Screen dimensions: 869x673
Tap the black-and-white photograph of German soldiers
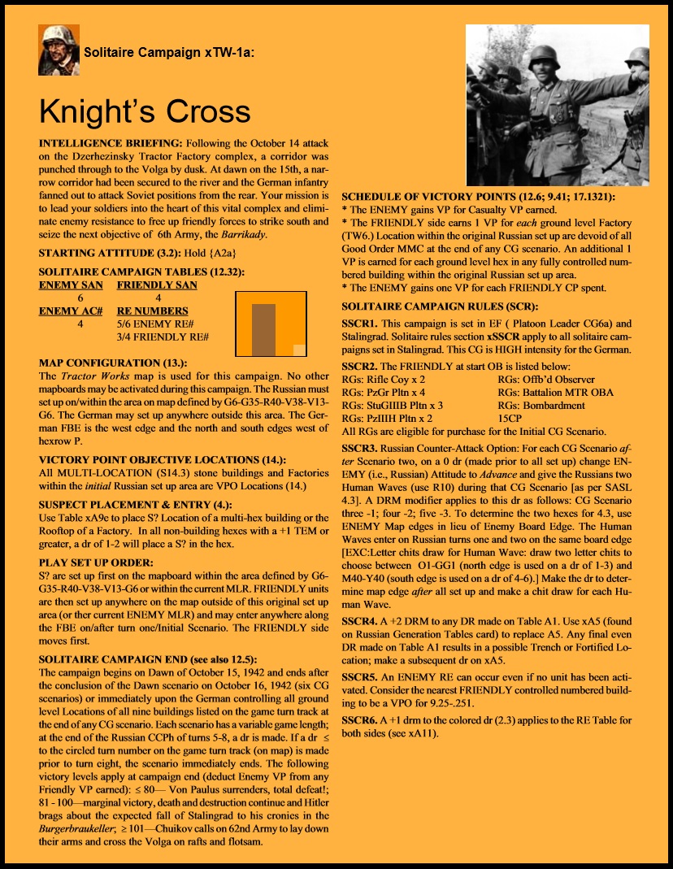pos(557,105)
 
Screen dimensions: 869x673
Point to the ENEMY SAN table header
pos(71,285)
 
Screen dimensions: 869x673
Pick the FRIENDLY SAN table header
pos(157,285)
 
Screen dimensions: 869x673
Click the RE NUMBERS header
pos(152,311)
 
